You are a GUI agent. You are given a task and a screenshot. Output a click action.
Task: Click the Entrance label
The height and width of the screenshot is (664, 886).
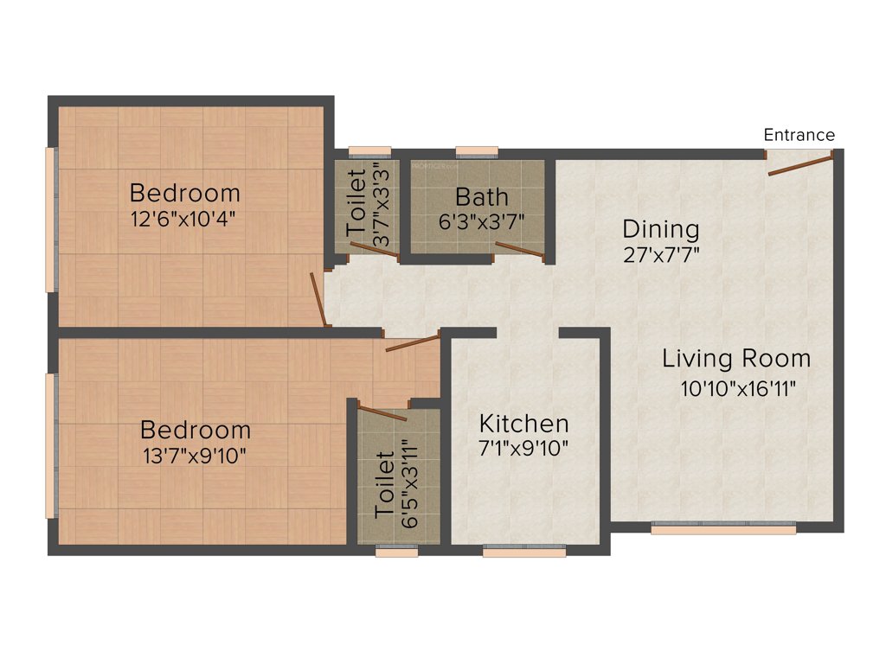pos(799,135)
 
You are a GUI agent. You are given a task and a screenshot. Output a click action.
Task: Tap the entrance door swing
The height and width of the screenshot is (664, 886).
pos(800,165)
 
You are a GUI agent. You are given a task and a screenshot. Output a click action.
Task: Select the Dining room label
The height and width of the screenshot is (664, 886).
pos(661,229)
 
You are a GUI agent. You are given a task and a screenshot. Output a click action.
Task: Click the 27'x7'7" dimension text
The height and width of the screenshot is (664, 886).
pos(661,254)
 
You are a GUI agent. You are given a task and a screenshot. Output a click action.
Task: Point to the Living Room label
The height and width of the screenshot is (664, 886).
pos(736,358)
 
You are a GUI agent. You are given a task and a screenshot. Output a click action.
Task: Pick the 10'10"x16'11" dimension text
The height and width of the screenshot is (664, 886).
pos(738,387)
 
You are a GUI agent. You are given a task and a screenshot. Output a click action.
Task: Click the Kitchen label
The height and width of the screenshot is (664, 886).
pos(524,424)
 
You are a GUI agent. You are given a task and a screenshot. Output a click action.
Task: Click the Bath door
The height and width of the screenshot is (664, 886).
pos(520,251)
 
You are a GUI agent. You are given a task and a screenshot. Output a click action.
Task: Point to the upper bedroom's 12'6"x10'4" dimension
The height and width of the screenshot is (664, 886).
pos(184,219)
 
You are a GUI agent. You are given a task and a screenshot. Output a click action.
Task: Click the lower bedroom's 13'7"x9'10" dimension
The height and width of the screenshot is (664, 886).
pos(196,455)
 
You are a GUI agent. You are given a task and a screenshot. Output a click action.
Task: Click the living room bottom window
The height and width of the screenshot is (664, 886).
pos(723,529)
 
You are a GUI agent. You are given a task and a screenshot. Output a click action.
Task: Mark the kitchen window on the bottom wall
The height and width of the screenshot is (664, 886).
pos(523,551)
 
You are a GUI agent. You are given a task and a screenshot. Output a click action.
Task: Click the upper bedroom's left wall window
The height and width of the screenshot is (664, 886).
pos(51,219)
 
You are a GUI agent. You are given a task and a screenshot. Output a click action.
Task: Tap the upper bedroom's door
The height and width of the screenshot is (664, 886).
pos(319,299)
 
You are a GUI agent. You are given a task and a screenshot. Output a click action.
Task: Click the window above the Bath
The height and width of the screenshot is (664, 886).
pos(477,153)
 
